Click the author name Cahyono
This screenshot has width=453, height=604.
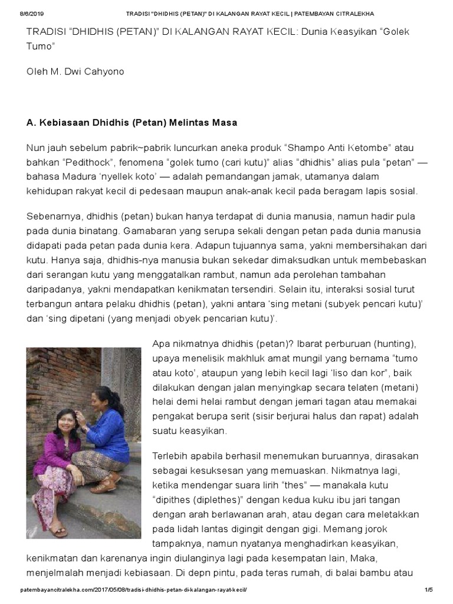coord(104,71)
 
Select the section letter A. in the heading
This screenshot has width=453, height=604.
coord(31,123)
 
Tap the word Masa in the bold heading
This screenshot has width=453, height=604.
coord(224,123)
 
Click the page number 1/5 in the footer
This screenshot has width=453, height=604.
coord(428,590)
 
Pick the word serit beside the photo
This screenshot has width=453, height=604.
coord(277,416)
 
